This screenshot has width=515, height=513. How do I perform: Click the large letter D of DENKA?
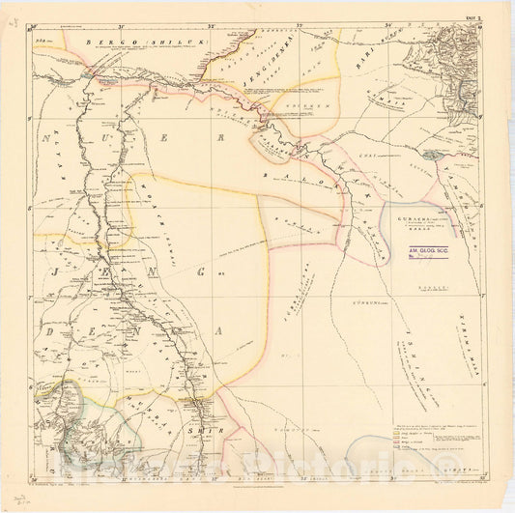pos(50,333)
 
